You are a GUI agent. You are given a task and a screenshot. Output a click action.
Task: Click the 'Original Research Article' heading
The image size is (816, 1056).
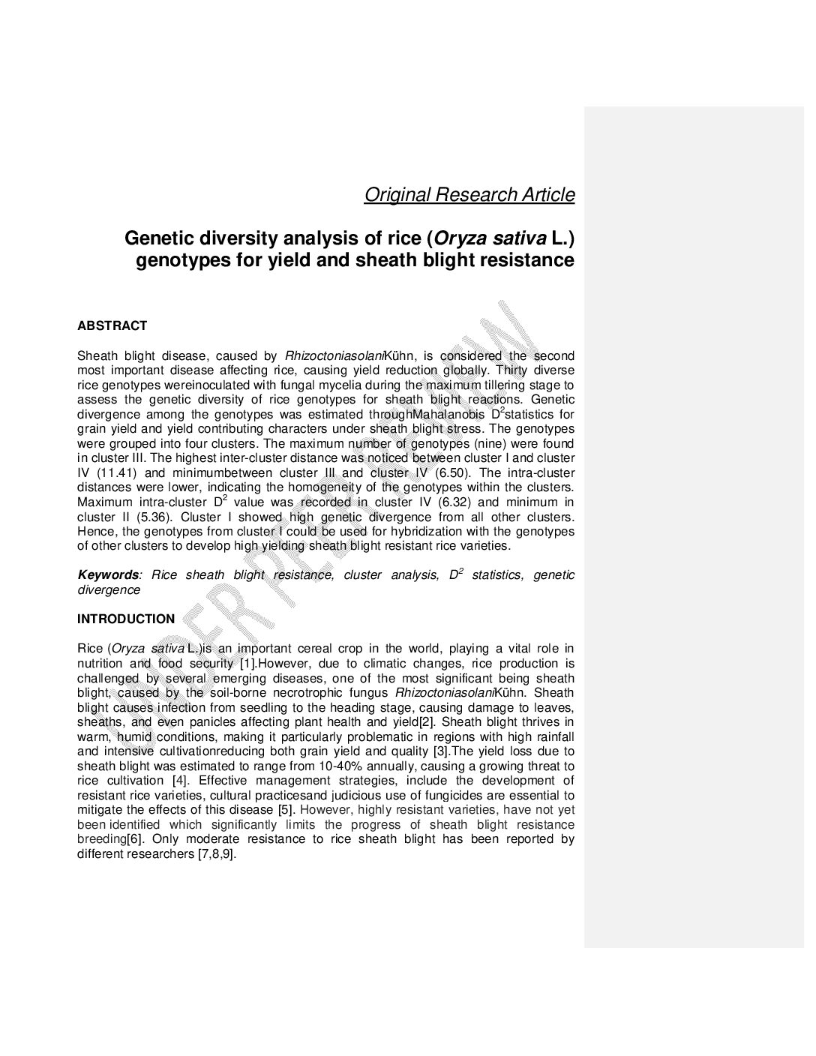[469, 195]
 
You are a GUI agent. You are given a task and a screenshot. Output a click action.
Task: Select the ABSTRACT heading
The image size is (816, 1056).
[112, 326]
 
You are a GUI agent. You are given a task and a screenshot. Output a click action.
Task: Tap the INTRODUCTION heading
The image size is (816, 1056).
[126, 619]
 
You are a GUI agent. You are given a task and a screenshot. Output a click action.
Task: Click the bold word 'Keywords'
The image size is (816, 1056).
[109, 575]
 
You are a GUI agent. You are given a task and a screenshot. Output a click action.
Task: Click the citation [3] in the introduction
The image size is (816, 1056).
[442, 751]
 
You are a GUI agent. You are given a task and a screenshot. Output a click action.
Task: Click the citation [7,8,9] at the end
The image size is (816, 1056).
[217, 854]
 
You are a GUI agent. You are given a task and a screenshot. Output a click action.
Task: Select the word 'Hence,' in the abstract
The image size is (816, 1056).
[94, 532]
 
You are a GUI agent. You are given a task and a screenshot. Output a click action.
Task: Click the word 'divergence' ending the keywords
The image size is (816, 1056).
[109, 590]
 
